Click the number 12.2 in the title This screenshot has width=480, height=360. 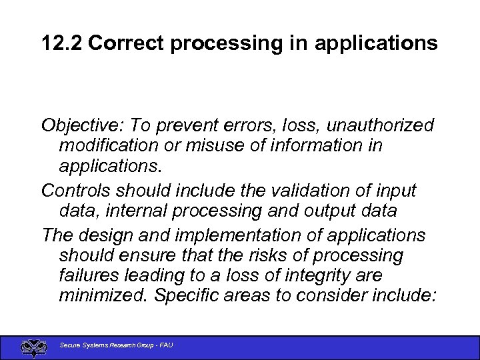point(61,43)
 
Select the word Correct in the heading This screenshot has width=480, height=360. point(126,43)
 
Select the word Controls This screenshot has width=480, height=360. point(75,191)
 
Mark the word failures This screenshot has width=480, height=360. point(91,275)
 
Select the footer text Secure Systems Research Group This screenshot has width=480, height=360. point(107,345)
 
